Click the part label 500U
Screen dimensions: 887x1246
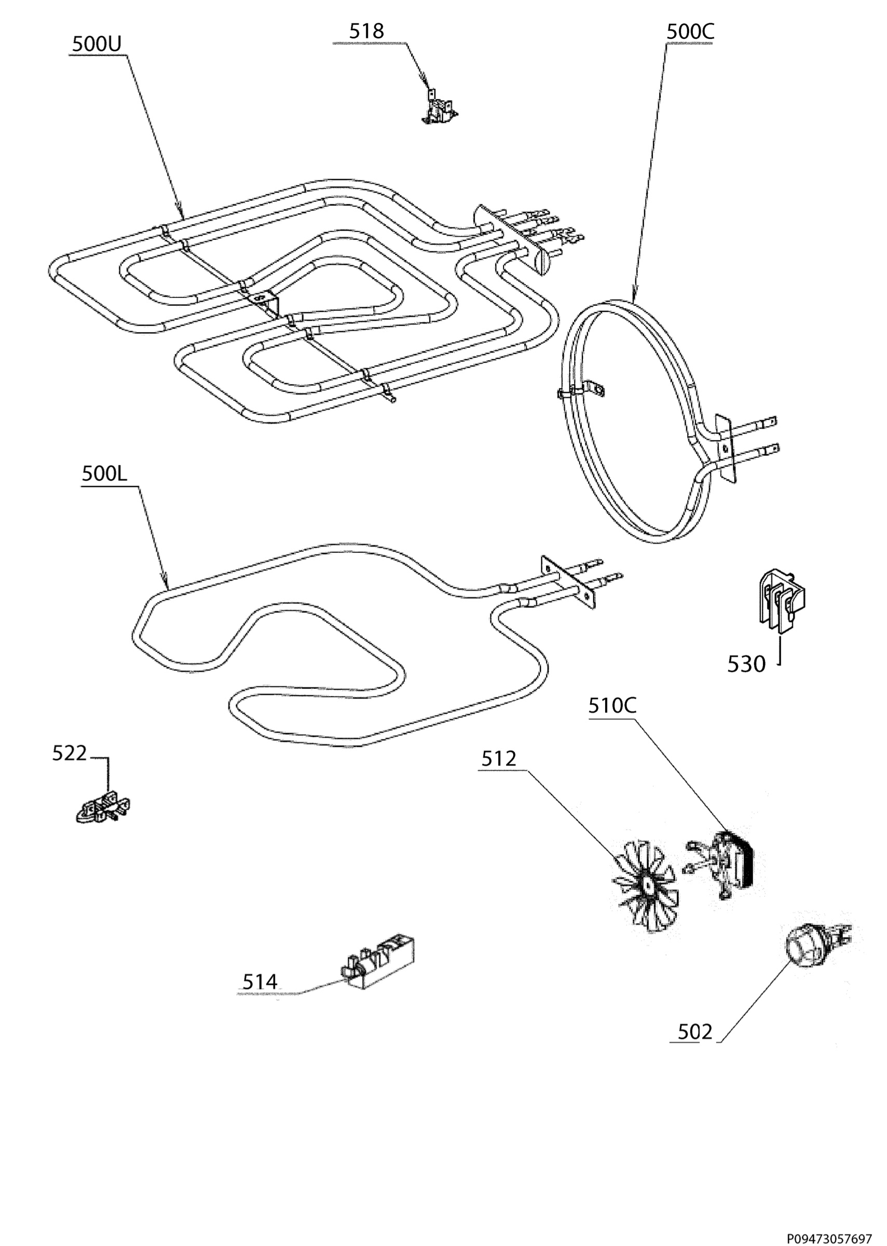(x=97, y=44)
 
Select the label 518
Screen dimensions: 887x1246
(x=366, y=31)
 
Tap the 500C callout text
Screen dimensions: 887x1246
(x=690, y=32)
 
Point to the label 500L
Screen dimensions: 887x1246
(x=104, y=473)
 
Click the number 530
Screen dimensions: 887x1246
(x=746, y=664)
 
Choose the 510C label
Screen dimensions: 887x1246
(x=612, y=706)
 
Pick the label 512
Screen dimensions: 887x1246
(x=499, y=759)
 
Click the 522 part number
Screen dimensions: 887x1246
(x=70, y=753)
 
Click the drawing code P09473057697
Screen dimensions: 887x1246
(x=829, y=1234)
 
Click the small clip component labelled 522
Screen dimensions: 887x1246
(x=102, y=808)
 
